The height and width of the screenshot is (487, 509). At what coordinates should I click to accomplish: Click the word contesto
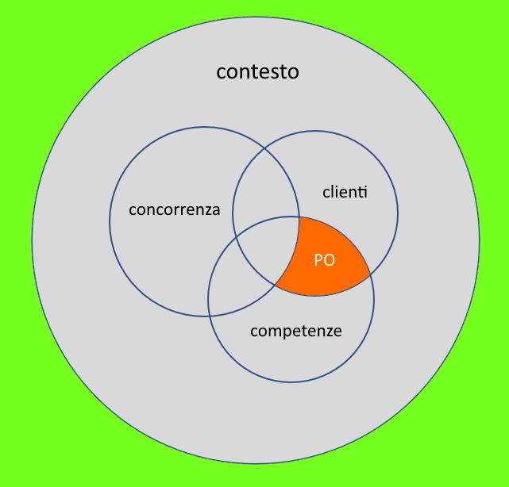point(257,72)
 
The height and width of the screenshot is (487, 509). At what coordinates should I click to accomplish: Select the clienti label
point(345,192)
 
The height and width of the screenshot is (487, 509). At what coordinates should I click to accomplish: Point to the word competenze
point(295,331)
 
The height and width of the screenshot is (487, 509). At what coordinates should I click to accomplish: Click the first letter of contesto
point(221,73)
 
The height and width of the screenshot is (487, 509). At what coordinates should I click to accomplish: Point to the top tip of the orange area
point(299,218)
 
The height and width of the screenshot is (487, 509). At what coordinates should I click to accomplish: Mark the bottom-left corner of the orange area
point(276,286)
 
